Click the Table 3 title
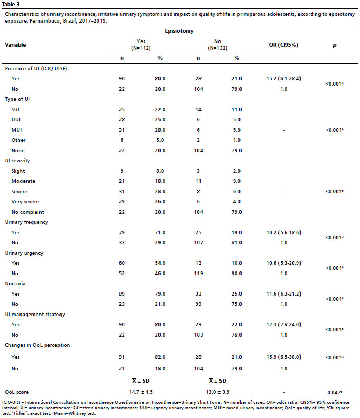click(x=11, y=4)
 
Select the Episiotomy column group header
click(x=179, y=31)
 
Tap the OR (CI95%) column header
click(x=284, y=45)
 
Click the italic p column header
click(x=335, y=45)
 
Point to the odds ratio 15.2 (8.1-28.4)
click(x=284, y=79)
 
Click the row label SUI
click(x=15, y=110)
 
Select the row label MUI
click(x=16, y=130)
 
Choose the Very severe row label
click(x=25, y=202)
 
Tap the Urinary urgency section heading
click(x=24, y=253)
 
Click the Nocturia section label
click(x=15, y=284)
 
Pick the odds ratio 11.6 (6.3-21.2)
click(x=284, y=294)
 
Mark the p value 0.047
click(x=335, y=392)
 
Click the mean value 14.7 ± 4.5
click(x=141, y=392)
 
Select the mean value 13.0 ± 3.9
click(x=217, y=392)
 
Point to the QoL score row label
click(x=16, y=392)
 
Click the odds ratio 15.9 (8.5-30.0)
click(x=284, y=357)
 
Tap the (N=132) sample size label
click(x=217, y=48)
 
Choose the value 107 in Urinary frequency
click(x=198, y=243)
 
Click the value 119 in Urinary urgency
click(x=198, y=273)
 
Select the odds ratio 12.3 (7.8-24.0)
click(x=284, y=324)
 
